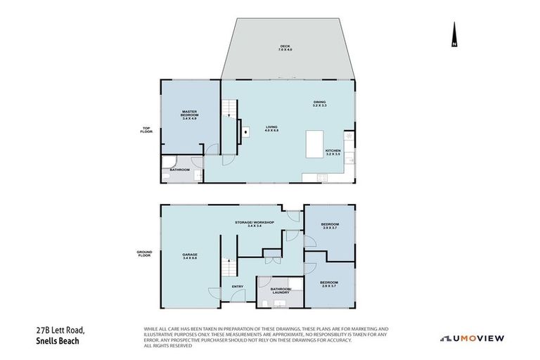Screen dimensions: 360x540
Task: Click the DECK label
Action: [285, 49]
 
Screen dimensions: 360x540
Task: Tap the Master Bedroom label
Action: [189, 115]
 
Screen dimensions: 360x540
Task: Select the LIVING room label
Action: [271, 129]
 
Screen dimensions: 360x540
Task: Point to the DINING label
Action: [320, 104]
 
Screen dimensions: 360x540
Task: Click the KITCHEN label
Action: [333, 152]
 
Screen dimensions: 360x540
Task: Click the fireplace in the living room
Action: [245, 130]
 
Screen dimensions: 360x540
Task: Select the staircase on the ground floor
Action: [227, 267]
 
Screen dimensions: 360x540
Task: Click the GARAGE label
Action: [190, 256]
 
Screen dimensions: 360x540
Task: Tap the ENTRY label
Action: [237, 286]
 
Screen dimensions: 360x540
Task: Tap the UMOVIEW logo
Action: [472, 338]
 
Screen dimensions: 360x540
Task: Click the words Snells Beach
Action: [60, 340]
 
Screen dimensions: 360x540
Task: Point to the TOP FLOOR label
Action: [146, 129]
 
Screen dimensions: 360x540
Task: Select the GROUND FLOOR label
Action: [144, 255]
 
